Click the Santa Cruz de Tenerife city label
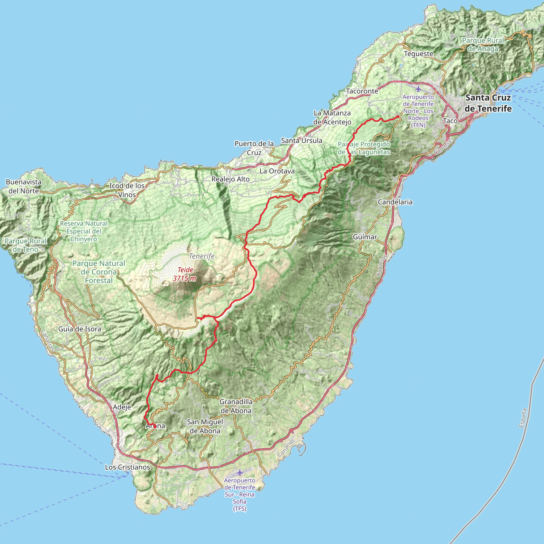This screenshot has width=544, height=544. (488, 103)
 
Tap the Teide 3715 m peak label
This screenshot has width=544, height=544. (185, 274)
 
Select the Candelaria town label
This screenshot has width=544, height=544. (395, 202)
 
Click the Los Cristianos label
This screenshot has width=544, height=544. (127, 467)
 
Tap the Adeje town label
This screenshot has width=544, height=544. (122, 407)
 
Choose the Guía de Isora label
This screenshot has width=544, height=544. (80, 329)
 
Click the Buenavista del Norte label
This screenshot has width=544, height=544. (24, 186)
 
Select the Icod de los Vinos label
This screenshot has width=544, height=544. (127, 190)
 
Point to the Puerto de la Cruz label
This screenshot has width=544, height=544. (254, 148)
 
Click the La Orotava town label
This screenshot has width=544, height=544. (277, 171)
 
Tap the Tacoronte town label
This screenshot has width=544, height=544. (362, 91)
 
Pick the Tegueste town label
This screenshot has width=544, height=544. (419, 53)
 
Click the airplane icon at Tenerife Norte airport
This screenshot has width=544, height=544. (418, 89)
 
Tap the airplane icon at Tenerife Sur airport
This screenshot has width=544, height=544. (240, 473)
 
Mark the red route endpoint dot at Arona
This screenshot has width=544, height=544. (155, 426)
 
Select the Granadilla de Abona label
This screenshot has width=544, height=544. (236, 406)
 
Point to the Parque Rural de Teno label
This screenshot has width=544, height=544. (25, 245)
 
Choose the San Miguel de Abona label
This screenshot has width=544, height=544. (205, 426)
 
